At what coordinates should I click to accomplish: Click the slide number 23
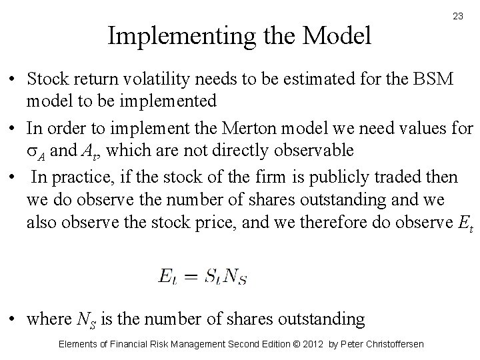pos(457,16)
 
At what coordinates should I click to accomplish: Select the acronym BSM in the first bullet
pos(436,79)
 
